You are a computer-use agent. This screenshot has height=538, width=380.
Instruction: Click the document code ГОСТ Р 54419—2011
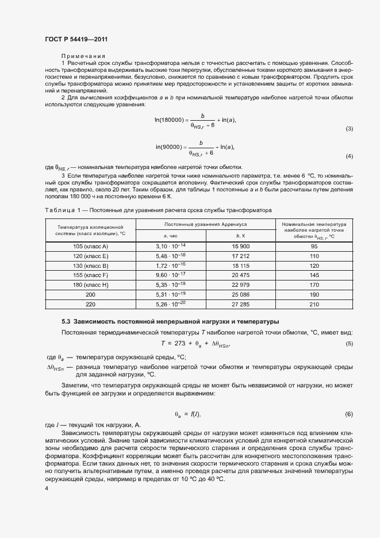click(76, 39)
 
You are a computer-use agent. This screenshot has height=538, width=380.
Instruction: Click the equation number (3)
click(348, 129)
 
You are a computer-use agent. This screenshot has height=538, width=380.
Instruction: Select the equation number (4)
click(348, 156)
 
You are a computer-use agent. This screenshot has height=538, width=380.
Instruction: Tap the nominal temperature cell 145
click(314, 275)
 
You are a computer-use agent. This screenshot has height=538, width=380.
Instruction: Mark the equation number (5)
click(348, 343)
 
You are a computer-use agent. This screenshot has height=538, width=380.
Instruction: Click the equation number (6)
click(348, 414)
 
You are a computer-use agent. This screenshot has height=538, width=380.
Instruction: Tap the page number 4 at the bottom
click(47, 488)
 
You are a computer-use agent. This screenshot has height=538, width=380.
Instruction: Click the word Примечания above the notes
click(80, 56)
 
